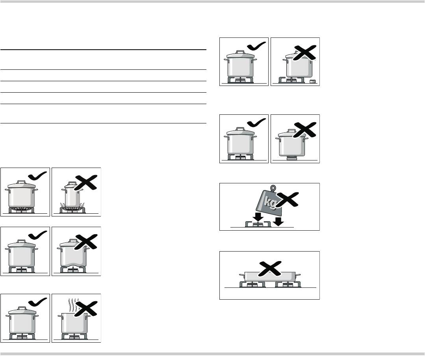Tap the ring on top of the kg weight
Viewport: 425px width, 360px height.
(x=273, y=187)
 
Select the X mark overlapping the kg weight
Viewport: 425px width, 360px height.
(x=288, y=200)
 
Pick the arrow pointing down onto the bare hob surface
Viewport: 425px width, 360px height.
(x=278, y=221)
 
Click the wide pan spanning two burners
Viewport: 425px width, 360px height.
(x=270, y=276)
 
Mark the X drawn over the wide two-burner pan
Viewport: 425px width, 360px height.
(x=270, y=269)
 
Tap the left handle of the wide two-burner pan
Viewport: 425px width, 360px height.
(x=242, y=276)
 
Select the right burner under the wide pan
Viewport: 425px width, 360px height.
(x=288, y=284)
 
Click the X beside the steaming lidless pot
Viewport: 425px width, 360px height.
(x=85, y=309)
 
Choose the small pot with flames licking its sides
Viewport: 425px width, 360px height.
(x=72, y=195)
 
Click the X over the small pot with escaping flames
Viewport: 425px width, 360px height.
(x=85, y=183)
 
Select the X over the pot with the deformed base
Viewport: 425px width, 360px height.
(x=85, y=242)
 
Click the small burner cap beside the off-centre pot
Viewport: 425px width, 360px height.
(x=313, y=81)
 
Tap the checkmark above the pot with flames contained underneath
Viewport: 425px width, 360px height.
(x=37, y=176)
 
